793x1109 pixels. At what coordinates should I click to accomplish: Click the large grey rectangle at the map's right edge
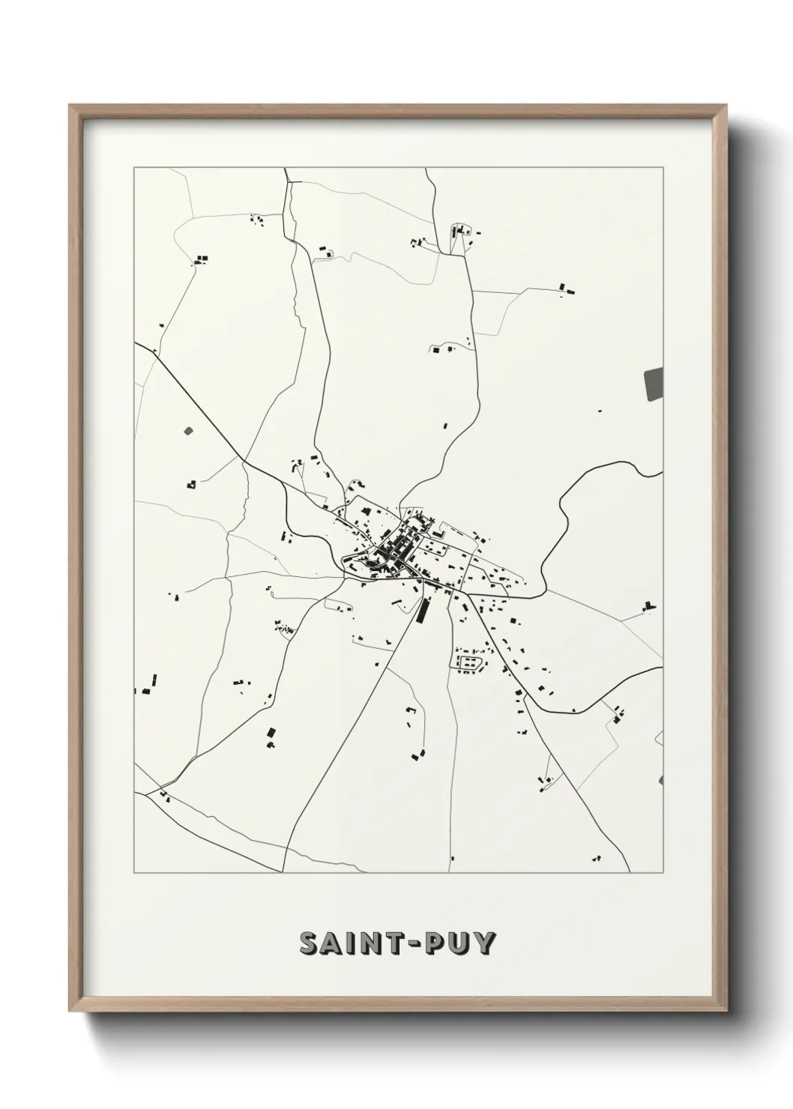pos(654,384)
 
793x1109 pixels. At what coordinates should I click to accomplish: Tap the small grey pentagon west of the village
pos(187,431)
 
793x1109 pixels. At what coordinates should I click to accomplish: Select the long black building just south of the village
pos(421,611)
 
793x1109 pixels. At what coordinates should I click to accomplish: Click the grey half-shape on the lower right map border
pos(660,780)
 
